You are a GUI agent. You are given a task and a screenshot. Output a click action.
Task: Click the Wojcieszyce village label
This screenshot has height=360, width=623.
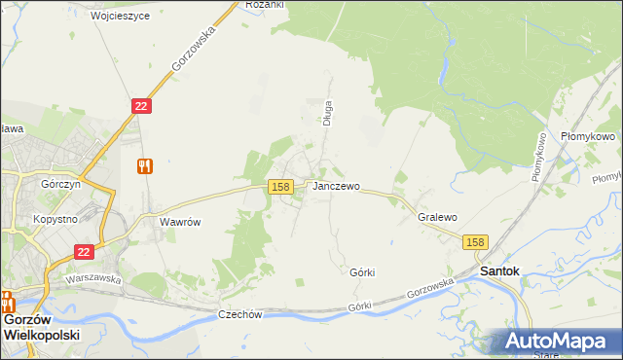click(x=120, y=17)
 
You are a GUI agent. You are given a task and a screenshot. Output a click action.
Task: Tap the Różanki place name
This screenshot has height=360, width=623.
click(x=264, y=5)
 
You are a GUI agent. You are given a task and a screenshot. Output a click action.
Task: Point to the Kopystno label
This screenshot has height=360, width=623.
click(x=55, y=220)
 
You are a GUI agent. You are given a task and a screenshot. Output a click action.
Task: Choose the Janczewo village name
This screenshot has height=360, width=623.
click(x=336, y=186)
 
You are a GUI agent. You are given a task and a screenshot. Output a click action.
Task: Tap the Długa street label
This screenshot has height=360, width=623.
click(x=328, y=114)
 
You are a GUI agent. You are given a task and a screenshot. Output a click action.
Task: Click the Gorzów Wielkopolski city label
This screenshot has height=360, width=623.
click(x=41, y=326)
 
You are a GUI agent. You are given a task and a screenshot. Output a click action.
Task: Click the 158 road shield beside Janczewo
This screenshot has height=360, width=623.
click(x=280, y=186)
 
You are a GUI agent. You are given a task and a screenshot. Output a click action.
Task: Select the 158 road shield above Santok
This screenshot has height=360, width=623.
click(x=475, y=242)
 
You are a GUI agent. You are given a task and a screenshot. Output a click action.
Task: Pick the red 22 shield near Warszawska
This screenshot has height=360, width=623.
click(x=84, y=252)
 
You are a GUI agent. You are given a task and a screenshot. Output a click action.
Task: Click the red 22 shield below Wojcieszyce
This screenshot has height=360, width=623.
click(x=141, y=106)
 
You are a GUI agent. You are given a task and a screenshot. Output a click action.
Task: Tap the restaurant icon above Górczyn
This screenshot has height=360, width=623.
click(x=145, y=165)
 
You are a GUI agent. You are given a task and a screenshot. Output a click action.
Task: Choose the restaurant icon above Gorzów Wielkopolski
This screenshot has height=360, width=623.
click(x=7, y=300)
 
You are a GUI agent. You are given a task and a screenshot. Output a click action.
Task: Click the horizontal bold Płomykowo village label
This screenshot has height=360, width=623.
click(x=589, y=137)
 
